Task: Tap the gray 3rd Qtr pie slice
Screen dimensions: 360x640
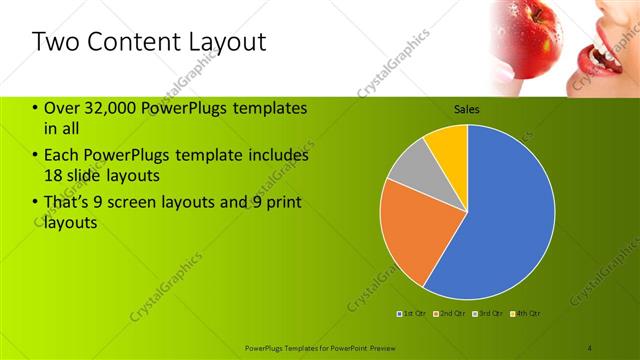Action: pos(410,174)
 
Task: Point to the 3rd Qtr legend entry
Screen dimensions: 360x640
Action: pos(490,314)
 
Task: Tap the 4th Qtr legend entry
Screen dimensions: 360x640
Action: pos(527,314)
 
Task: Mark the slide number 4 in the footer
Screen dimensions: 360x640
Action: pos(589,348)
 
